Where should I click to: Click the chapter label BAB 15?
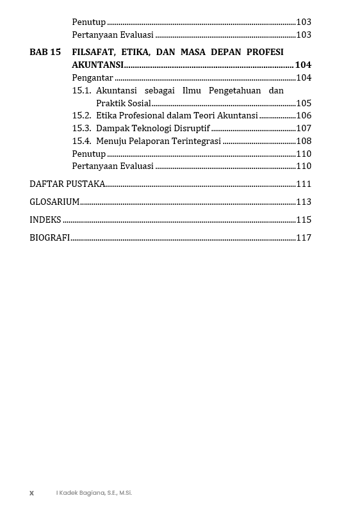[45, 52]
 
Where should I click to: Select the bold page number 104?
[303, 65]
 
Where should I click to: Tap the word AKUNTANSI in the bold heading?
[97, 65]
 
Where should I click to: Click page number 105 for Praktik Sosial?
[304, 103]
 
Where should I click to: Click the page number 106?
[304, 116]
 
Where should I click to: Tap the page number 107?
[304, 128]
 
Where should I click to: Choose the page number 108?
[304, 141]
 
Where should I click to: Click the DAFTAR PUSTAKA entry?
[67, 184]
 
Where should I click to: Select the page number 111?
[304, 184]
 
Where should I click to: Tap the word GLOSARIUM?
[54, 202]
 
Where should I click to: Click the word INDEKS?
[45, 220]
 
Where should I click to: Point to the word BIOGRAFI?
[49, 238]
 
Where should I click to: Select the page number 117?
[304, 238]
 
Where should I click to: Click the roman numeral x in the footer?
[31, 493]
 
